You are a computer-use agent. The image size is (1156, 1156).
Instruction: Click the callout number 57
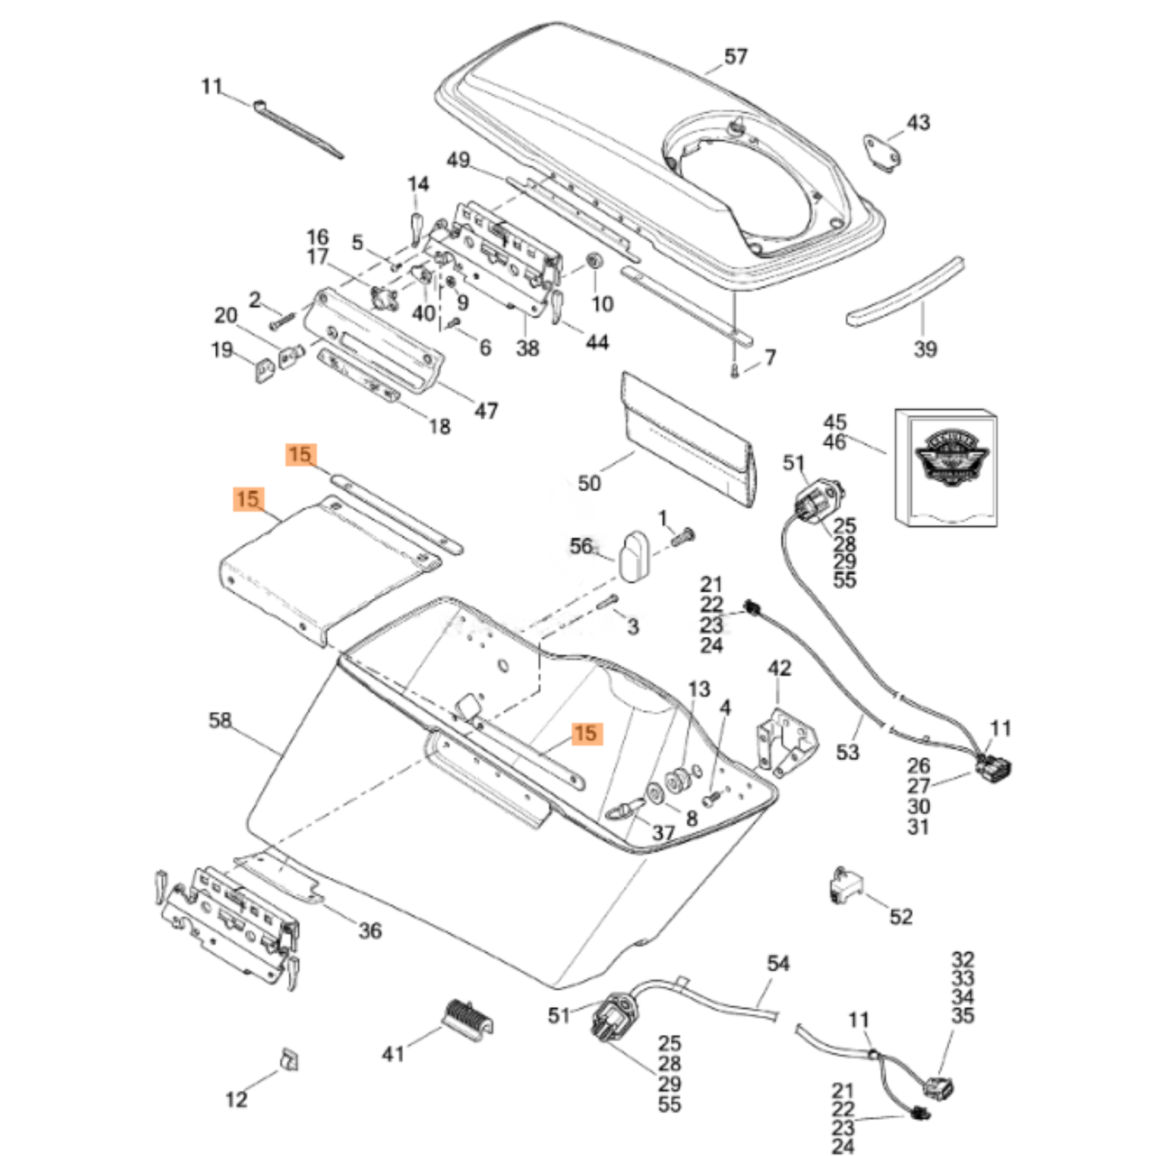[x=735, y=57]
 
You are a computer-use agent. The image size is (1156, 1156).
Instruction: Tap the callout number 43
[x=918, y=122]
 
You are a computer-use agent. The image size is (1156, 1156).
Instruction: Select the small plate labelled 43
[x=883, y=153]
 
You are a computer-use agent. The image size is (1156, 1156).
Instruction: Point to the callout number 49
[x=459, y=160]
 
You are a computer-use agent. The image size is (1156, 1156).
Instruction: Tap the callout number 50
[x=589, y=483]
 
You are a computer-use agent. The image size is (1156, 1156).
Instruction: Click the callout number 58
[x=220, y=720]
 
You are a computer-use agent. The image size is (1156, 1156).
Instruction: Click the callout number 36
[x=370, y=930]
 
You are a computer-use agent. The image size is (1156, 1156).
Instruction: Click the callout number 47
[x=486, y=411]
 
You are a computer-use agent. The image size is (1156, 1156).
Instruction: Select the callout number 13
[x=699, y=689]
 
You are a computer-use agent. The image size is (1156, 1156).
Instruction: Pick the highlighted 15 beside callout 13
[x=586, y=734]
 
